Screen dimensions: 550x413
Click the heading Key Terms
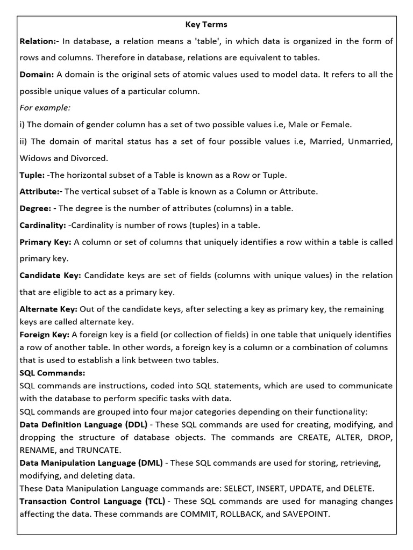pyautogui.click(x=206, y=24)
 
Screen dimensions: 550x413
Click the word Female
pyautogui.click(x=336, y=125)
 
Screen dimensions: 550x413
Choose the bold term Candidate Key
pyautogui.click(x=50, y=275)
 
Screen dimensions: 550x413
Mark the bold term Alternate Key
pyautogui.click(x=48, y=309)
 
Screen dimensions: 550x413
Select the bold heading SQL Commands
pyautogui.click(x=52, y=373)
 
